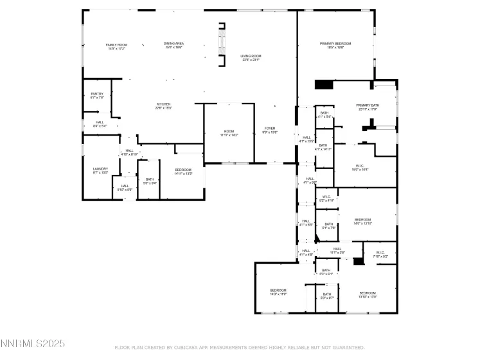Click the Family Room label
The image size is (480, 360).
point(116,46)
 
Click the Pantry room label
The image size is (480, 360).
point(97,96)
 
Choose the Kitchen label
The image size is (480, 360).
point(163,106)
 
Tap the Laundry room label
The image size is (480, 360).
point(100,170)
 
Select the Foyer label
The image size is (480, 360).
point(270,130)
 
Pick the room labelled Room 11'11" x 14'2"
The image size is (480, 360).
point(229,133)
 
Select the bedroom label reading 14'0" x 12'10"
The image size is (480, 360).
point(363,221)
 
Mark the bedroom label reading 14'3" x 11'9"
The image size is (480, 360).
point(278,292)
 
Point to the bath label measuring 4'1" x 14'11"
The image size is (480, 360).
point(323,147)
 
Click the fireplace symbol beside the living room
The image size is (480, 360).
point(223,44)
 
